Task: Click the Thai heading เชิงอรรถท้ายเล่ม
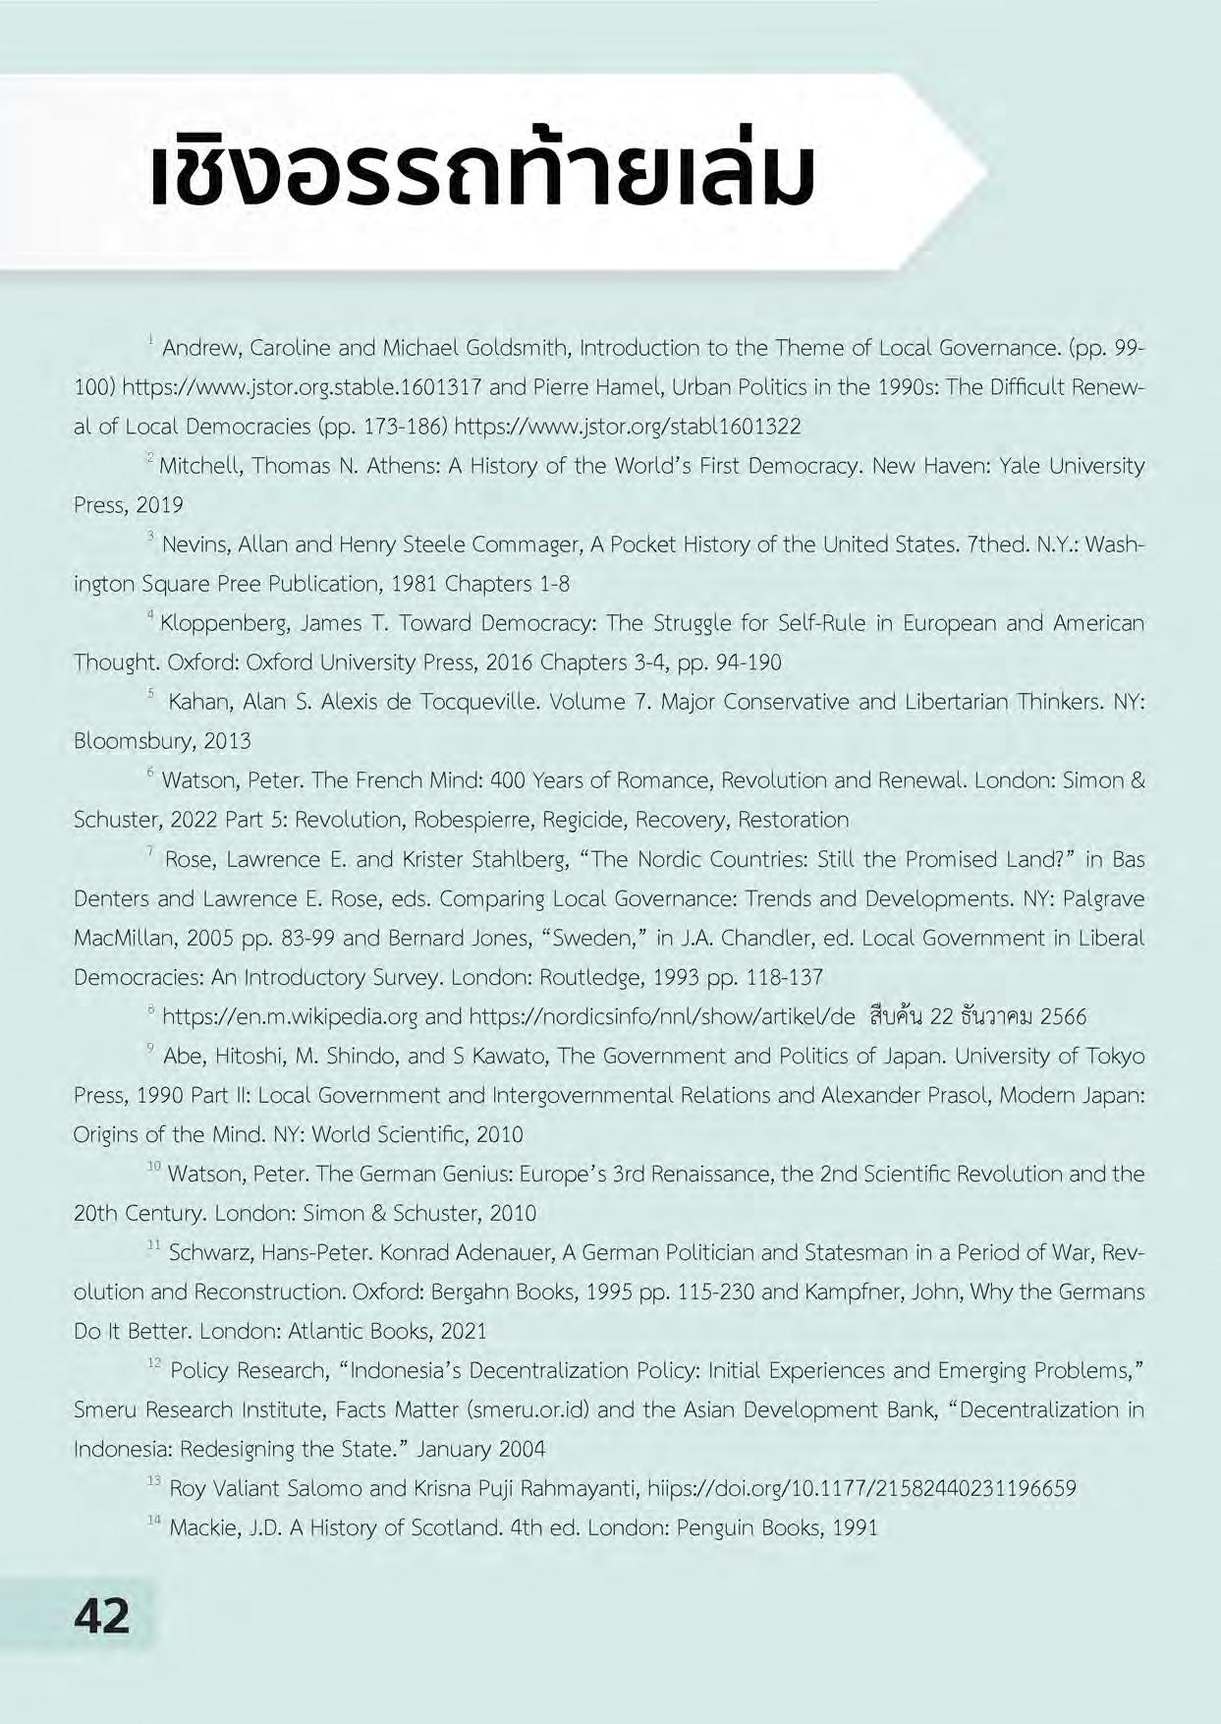click(481, 174)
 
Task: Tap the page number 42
click(102, 1615)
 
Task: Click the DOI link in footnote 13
click(861, 1488)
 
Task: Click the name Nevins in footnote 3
click(195, 545)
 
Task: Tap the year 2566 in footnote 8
click(1063, 1016)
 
